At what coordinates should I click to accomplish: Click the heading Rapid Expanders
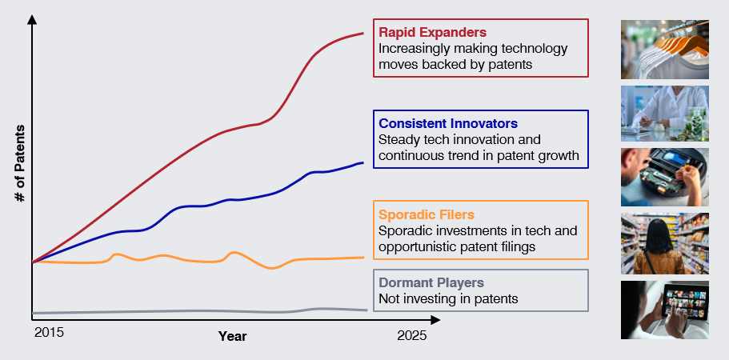pyautogui.click(x=432, y=33)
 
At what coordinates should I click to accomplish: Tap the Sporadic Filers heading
pyautogui.click(x=427, y=214)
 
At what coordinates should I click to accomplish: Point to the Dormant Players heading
pyautogui.click(x=431, y=282)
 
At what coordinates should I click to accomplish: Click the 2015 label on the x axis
pyautogui.click(x=49, y=332)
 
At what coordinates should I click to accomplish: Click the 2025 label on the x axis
pyautogui.click(x=412, y=336)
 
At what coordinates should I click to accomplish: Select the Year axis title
pyautogui.click(x=232, y=336)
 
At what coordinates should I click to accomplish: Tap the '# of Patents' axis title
pyautogui.click(x=22, y=164)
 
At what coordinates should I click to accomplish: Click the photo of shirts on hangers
pyautogui.click(x=664, y=49)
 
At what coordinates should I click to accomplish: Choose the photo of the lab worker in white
pyautogui.click(x=664, y=114)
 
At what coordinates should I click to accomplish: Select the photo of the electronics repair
pyautogui.click(x=664, y=177)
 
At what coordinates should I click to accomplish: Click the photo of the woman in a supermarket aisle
pyautogui.click(x=664, y=243)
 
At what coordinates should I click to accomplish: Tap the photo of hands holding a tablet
pyautogui.click(x=664, y=310)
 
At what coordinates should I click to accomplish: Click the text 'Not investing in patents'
pyautogui.click(x=448, y=298)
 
